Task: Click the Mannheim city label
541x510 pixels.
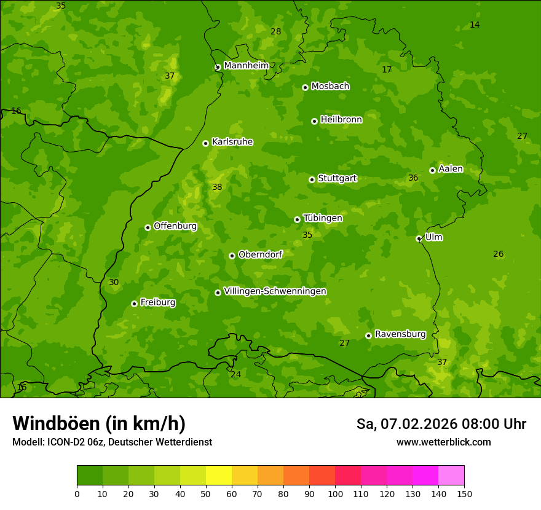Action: [x=246, y=66]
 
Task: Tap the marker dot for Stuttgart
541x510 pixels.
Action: [x=312, y=179]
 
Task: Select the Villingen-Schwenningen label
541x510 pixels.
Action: [x=275, y=291]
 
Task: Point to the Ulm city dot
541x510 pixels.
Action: [x=419, y=238]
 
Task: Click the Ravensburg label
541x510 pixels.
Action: [x=400, y=334]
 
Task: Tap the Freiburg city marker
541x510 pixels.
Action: [x=134, y=304]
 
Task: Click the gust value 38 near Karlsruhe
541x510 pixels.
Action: [x=217, y=187]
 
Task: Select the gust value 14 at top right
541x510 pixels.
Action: [x=475, y=25]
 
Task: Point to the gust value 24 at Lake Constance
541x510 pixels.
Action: [x=236, y=374]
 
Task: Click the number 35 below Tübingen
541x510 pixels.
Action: [x=307, y=235]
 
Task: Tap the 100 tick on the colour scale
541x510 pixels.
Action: [x=335, y=493]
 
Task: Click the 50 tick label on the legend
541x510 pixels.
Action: [x=206, y=493]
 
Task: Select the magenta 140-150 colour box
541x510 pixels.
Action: [x=451, y=476]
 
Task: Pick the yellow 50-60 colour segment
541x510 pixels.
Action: [x=219, y=476]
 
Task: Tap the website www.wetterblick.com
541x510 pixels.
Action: [x=443, y=442]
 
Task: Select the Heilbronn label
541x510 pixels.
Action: [x=341, y=120]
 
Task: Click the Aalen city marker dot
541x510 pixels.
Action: [x=432, y=170]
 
